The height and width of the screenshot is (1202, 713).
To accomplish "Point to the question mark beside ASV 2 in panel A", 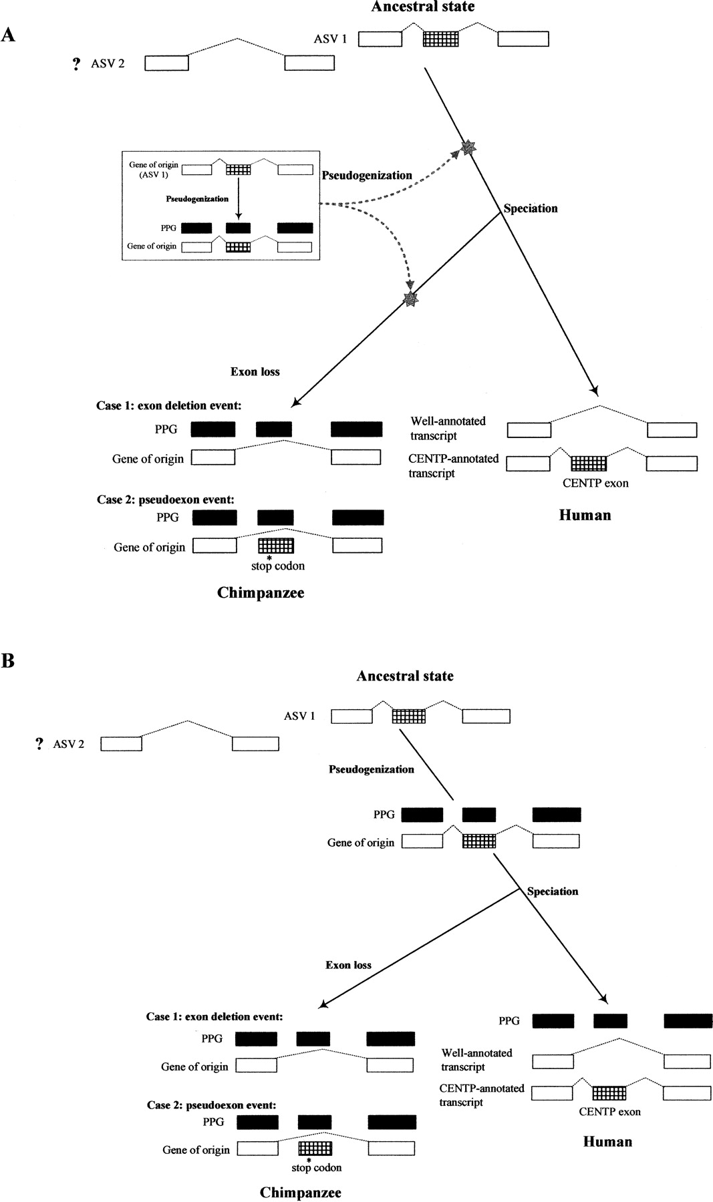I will click(77, 64).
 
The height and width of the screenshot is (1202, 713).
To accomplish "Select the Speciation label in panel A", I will click(531, 208).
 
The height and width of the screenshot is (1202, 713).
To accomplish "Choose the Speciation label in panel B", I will click(553, 891).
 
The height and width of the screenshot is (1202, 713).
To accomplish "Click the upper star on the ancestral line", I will click(469, 148).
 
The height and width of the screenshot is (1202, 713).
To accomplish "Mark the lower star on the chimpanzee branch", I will click(410, 300).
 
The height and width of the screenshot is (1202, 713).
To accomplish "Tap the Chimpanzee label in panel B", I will click(300, 1192).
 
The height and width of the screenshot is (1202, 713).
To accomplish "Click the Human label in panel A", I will click(585, 515).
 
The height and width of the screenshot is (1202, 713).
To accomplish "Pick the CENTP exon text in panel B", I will click(609, 1112).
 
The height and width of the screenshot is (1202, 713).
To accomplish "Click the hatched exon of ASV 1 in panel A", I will click(441, 39).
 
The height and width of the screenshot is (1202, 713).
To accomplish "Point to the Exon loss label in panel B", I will click(348, 965).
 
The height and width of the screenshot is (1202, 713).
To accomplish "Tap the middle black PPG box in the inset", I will click(238, 228).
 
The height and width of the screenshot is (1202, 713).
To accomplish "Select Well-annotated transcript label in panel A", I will click(447, 428).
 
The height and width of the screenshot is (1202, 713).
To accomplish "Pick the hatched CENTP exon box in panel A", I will click(589, 463).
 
